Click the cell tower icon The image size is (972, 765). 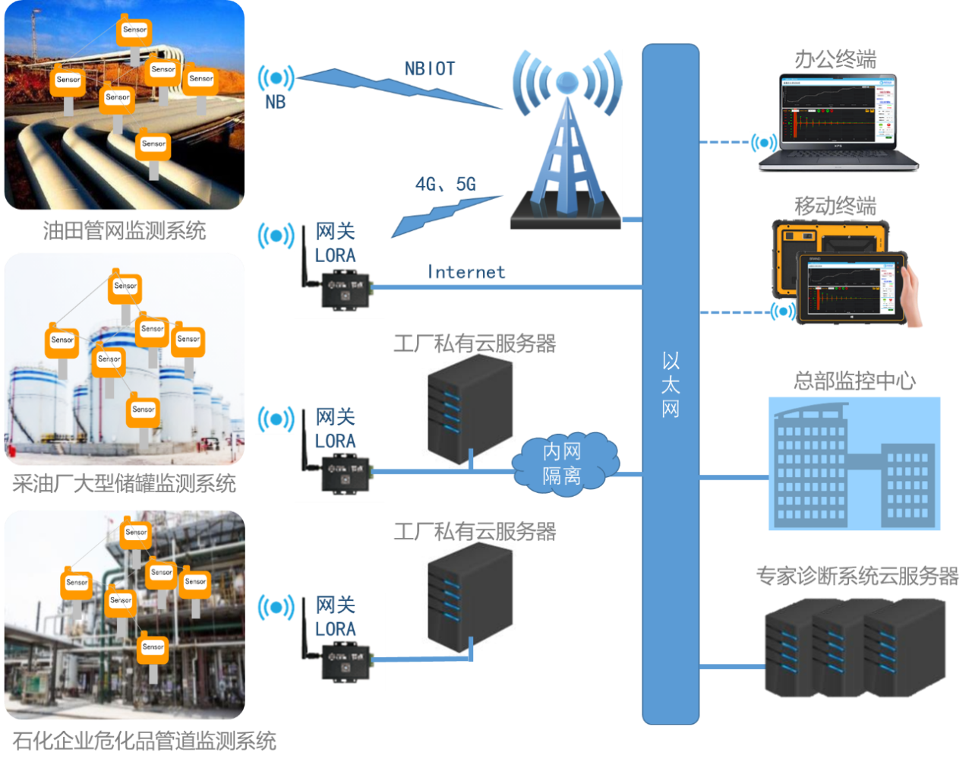pos(566,141)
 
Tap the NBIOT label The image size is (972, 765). pos(430,69)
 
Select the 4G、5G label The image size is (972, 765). pos(446,184)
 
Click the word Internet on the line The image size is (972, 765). pos(465,272)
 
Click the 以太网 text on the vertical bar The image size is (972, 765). pos(671,385)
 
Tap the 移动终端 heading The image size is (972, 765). pos(835,206)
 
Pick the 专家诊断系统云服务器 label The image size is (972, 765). pos(857,576)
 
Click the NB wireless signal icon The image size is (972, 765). pos(276,78)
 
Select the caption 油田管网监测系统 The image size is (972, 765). pos(125,231)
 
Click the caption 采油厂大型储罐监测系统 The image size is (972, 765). pos(125,483)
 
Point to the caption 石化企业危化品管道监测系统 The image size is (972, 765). pos(144,740)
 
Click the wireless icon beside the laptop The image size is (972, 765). pos(763,143)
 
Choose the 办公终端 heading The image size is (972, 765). pos(835,59)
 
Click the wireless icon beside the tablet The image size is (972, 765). pos(782,311)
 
